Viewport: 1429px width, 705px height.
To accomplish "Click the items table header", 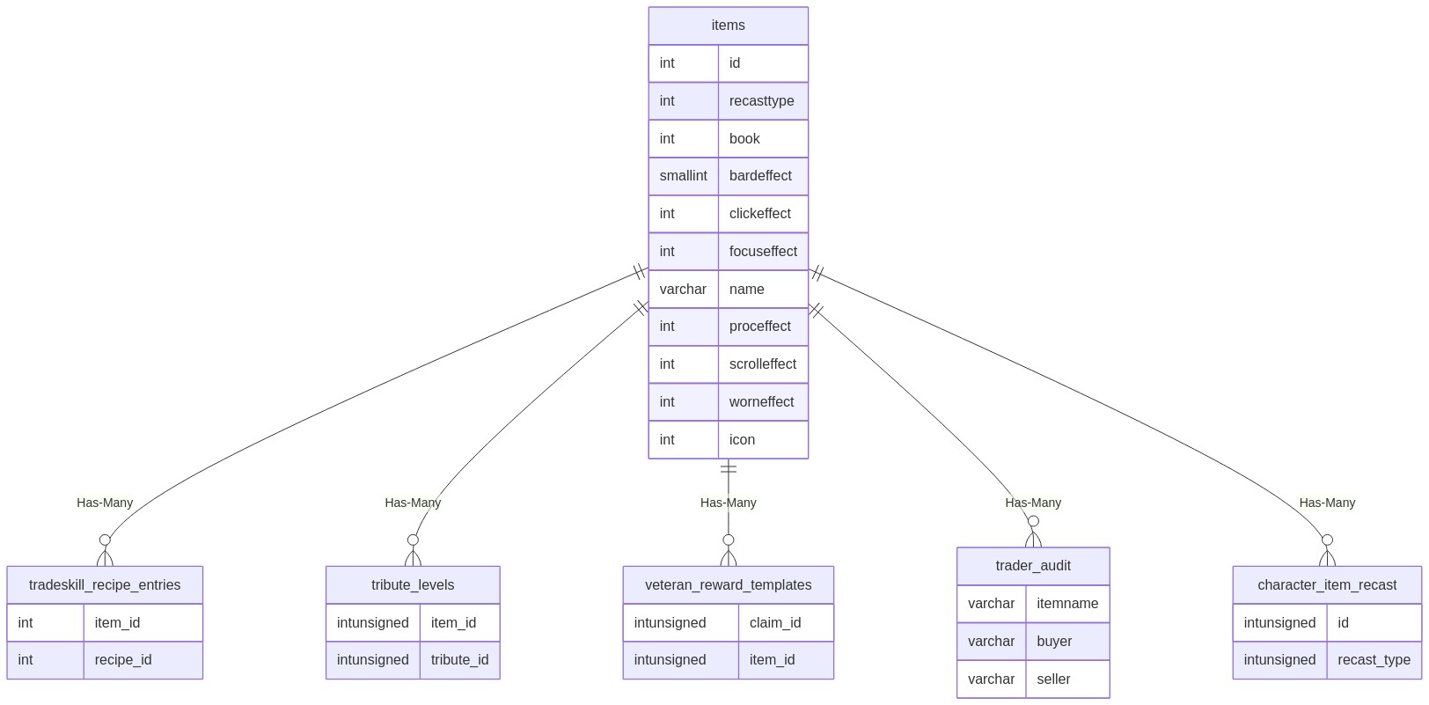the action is (728, 26).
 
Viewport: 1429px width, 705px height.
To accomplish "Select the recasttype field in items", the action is (761, 101).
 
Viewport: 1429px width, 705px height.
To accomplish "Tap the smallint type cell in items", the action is (683, 175).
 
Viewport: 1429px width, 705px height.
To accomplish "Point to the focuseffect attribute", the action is (763, 252).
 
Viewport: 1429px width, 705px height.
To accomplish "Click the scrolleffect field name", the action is (762, 364).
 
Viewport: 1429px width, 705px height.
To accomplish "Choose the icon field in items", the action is (742, 439).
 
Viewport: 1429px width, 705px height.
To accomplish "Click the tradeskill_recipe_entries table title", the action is (105, 585).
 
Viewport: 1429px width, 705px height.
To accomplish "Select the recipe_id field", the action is (123, 660).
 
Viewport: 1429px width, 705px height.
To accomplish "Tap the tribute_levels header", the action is (413, 585).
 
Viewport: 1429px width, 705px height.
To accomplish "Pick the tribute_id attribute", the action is (459, 660).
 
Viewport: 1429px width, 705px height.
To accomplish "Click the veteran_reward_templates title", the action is (728, 585).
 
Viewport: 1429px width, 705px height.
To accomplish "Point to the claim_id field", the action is (775, 622).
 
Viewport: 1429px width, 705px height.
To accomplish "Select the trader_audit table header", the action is (1033, 566).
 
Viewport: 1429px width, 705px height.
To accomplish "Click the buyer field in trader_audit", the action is (1054, 642).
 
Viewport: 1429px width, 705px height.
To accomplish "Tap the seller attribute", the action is (1053, 679).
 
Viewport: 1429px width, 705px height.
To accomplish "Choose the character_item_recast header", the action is (1327, 585).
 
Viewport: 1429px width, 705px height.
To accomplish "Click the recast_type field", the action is (1374, 660).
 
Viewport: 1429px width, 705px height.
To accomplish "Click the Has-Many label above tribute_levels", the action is (413, 503).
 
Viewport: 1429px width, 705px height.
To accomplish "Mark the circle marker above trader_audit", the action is (1033, 522).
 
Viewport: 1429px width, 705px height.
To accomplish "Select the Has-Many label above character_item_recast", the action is (1327, 503).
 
